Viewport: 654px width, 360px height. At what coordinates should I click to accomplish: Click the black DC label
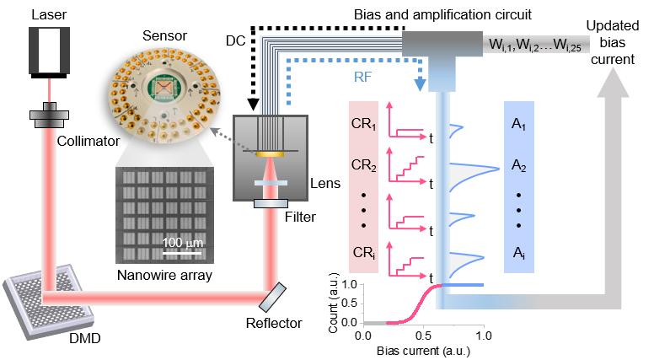(x=238, y=40)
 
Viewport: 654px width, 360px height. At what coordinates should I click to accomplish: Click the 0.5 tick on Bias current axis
(x=423, y=334)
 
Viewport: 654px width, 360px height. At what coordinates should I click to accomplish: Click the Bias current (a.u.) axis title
(x=423, y=349)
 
